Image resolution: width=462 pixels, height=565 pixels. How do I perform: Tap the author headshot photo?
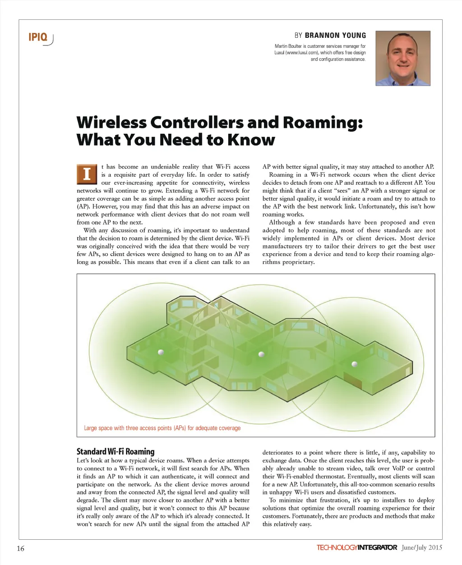coord(403,58)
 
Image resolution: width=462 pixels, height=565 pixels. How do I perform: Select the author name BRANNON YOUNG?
coord(335,35)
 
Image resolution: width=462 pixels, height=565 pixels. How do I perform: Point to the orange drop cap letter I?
coord(87,174)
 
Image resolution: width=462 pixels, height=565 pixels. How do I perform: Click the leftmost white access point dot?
coord(161,352)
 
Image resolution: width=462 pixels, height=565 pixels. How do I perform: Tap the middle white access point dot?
coord(261,354)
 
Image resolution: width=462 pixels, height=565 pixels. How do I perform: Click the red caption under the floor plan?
coord(162,428)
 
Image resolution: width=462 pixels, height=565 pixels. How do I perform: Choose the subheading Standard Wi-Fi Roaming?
coord(115,451)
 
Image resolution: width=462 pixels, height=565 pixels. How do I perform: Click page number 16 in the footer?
coord(20,548)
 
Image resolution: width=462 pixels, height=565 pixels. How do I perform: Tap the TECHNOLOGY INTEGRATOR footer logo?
coord(356,548)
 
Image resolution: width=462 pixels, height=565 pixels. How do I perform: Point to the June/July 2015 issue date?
coord(421,548)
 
